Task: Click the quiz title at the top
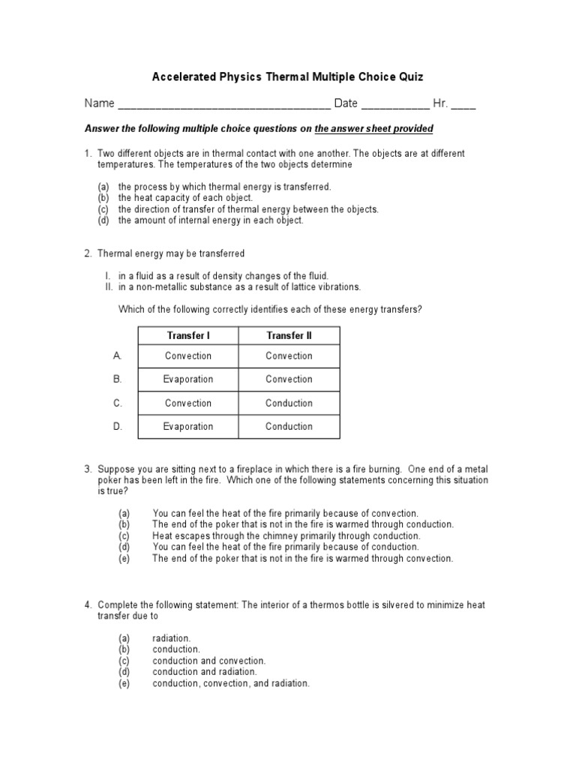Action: [x=288, y=77]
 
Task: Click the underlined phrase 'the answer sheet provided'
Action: [x=373, y=129]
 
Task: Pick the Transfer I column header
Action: [x=188, y=335]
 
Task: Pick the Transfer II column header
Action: [x=289, y=335]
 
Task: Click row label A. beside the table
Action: [x=118, y=355]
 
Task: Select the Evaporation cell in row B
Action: [x=188, y=379]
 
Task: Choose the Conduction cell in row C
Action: [x=289, y=403]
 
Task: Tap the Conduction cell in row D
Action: [x=289, y=427]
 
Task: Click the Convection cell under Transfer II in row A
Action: [x=289, y=356]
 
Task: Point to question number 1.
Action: [x=88, y=154]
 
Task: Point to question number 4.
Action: [x=88, y=604]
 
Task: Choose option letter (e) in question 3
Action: [x=124, y=559]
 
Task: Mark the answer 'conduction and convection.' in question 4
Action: [x=208, y=661]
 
